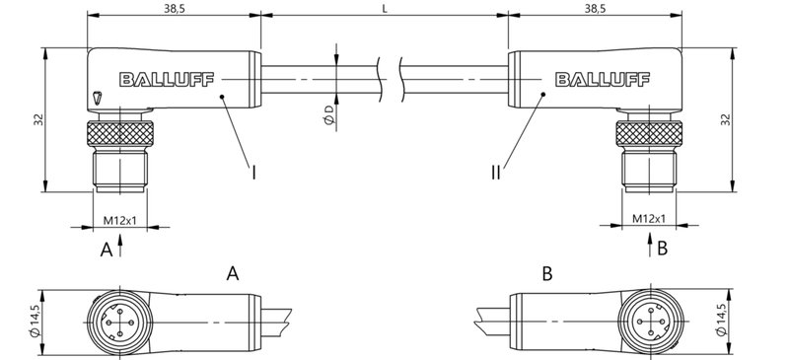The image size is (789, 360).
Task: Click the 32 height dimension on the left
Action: (x=36, y=120)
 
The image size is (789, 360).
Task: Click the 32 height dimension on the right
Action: (x=725, y=119)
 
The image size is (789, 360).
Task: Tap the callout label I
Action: (x=254, y=173)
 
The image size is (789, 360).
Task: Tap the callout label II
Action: (x=496, y=173)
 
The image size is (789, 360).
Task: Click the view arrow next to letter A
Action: (x=121, y=247)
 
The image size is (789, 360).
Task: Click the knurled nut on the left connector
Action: (x=117, y=133)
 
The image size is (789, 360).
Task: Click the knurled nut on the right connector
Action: (x=648, y=133)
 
